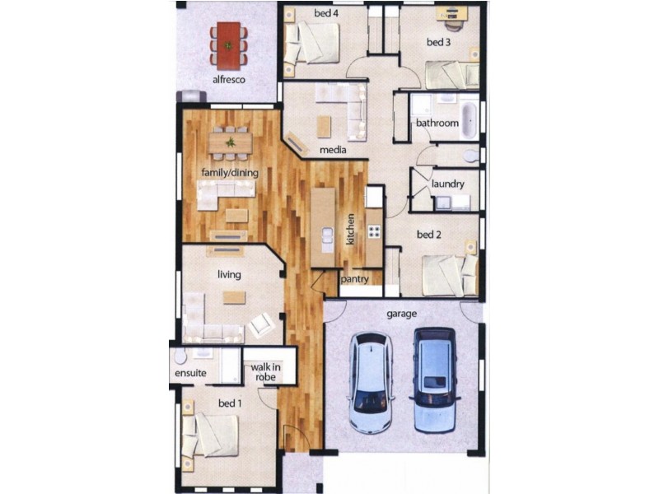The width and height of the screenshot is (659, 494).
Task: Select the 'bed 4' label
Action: (x=325, y=13)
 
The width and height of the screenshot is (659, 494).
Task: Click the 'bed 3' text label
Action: (x=438, y=42)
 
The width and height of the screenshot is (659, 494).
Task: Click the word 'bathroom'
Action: (x=437, y=123)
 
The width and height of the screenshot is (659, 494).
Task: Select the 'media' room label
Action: (x=333, y=151)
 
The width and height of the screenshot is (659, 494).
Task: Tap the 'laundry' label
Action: (x=447, y=184)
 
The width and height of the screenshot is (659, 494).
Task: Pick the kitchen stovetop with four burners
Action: (x=374, y=230)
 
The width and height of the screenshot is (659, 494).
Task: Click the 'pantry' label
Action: (x=355, y=279)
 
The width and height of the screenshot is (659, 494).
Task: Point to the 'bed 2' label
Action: (x=429, y=235)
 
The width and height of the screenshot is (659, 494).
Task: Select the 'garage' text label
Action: (x=402, y=314)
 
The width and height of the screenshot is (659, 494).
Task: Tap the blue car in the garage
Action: (x=434, y=380)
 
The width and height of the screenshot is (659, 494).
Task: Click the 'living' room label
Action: (x=228, y=273)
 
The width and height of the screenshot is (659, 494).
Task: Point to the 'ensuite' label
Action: (x=190, y=373)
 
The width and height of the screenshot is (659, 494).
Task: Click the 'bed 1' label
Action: (x=230, y=403)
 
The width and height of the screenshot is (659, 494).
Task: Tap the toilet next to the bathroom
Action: (x=470, y=155)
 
